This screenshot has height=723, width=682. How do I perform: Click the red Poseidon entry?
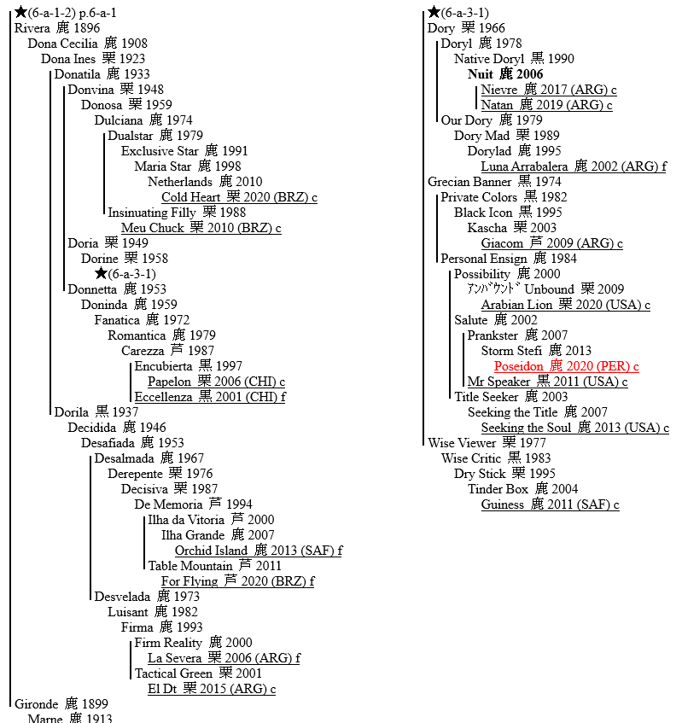(x=519, y=366)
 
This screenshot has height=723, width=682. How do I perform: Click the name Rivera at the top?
(x=32, y=28)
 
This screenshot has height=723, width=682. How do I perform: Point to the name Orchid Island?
(x=211, y=551)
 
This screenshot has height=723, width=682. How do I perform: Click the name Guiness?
(x=502, y=504)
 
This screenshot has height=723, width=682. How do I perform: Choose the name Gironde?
(x=37, y=704)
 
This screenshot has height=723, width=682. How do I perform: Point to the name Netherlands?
(x=180, y=182)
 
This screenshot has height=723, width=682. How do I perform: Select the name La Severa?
(x=173, y=658)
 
